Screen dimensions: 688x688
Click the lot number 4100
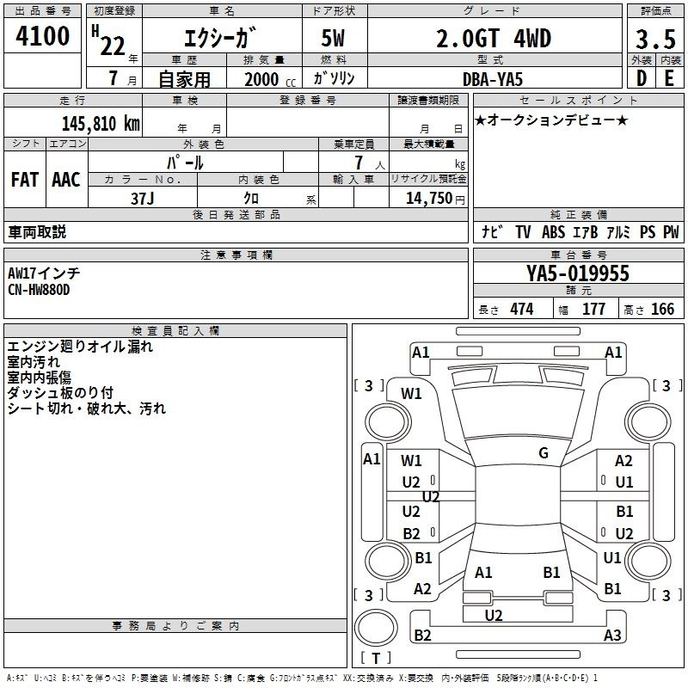[x=42, y=36]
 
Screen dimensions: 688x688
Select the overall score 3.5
[x=655, y=39]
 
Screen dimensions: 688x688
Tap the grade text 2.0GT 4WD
[x=494, y=38]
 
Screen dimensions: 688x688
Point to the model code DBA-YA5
[x=493, y=79]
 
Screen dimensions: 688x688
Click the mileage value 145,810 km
[x=101, y=124]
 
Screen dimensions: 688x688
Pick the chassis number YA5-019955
[x=578, y=273]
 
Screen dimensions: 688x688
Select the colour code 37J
[x=143, y=199]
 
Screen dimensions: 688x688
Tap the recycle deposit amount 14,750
[x=428, y=198]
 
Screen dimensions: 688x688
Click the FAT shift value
[x=25, y=180]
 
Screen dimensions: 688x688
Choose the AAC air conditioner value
[x=66, y=180]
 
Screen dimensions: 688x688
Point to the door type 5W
[x=333, y=38]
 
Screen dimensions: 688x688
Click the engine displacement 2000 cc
[x=270, y=79]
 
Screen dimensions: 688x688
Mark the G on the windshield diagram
[x=544, y=453]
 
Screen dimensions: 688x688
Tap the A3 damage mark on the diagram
[x=612, y=635]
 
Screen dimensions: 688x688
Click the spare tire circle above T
[x=376, y=628]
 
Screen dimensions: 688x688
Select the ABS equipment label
[x=553, y=231]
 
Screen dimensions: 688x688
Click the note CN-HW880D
[x=39, y=290]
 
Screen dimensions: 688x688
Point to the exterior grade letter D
[x=641, y=78]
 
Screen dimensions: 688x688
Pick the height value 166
[x=662, y=309]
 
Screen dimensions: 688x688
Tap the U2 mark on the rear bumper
[x=494, y=615]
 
